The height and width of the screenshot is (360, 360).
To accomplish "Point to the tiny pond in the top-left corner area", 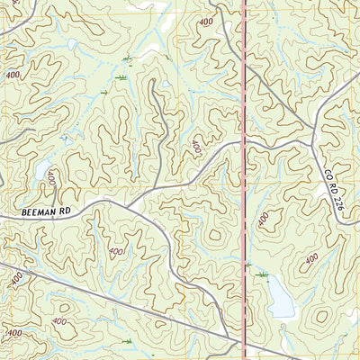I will (71, 44).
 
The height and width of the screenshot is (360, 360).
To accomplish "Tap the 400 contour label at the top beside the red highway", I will (206, 21).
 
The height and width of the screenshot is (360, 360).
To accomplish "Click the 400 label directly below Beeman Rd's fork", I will (116, 253).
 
